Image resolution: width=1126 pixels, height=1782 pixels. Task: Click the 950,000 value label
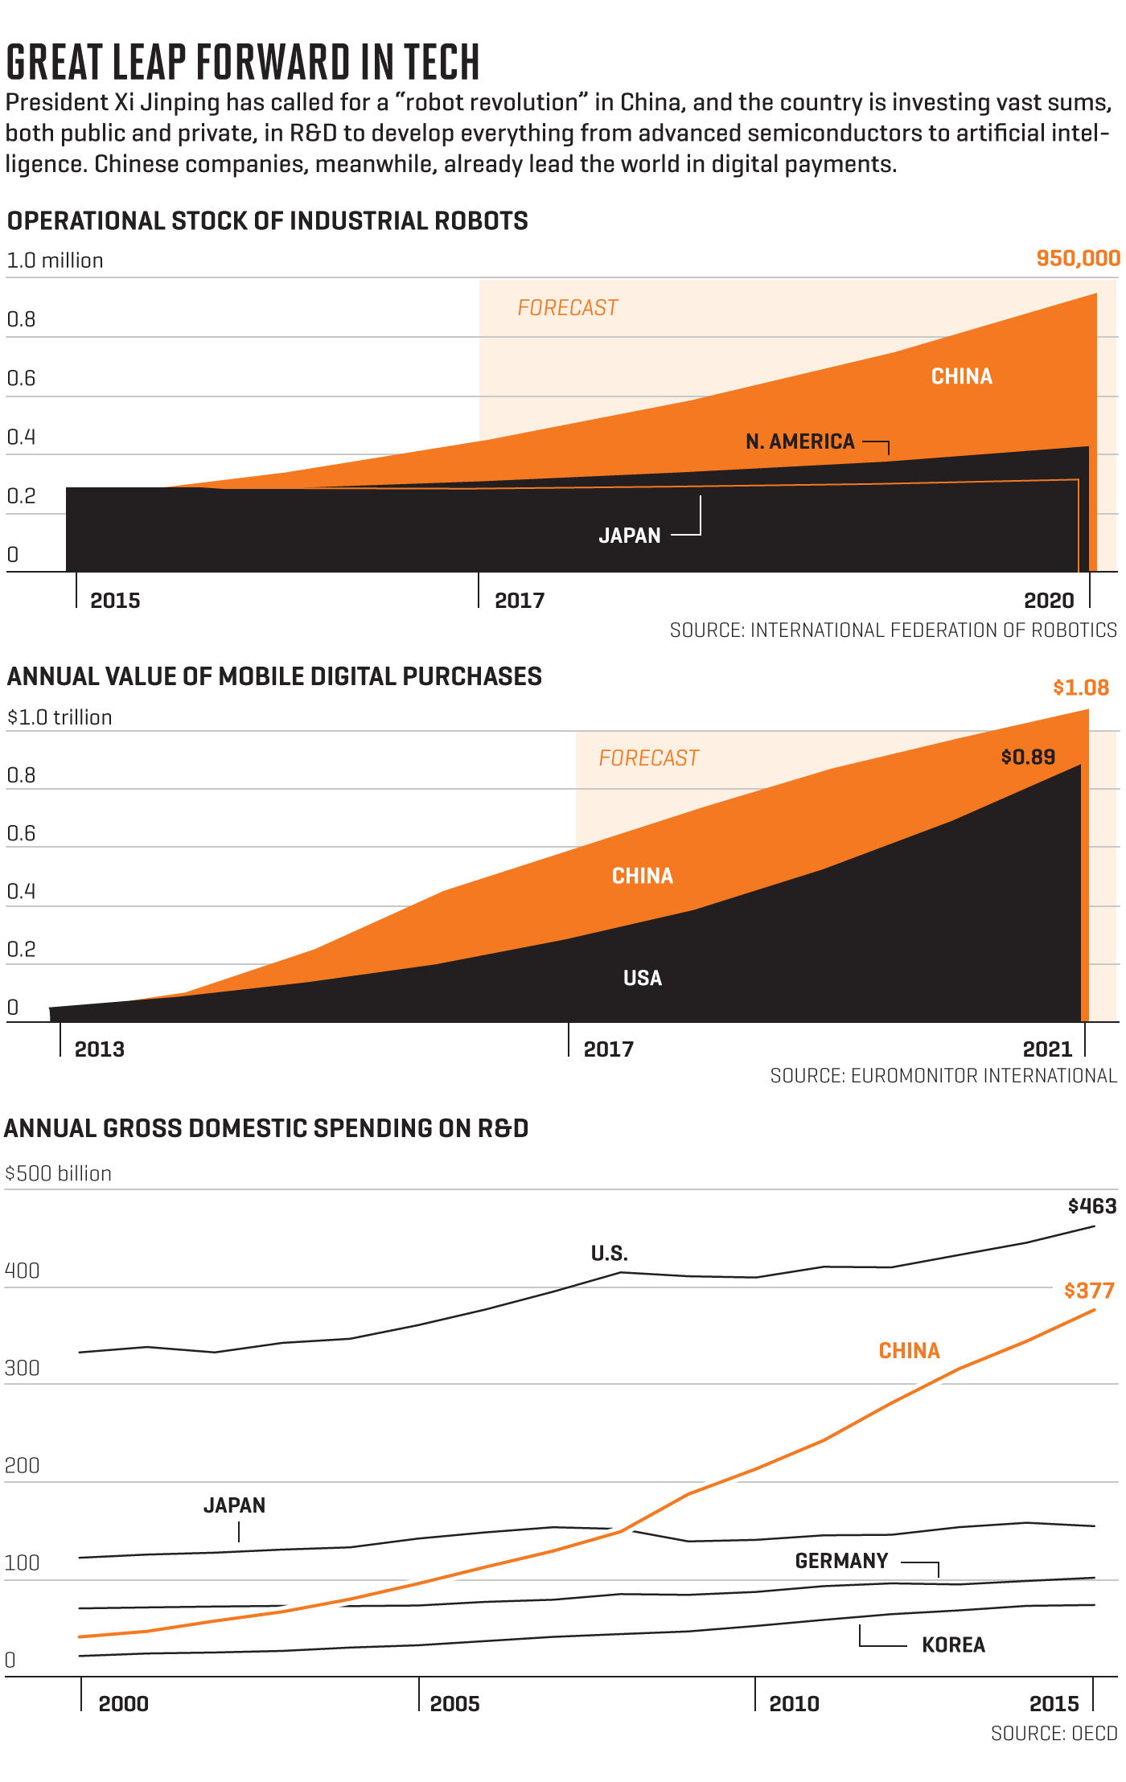[x=1078, y=258]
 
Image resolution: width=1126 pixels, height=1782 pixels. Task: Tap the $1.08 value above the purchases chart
[x=1081, y=688]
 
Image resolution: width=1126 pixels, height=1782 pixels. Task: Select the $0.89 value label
[x=1028, y=757]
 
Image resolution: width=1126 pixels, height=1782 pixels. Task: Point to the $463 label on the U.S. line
[x=1092, y=1206]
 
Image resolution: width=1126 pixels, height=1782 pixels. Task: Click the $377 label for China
[x=1089, y=1291]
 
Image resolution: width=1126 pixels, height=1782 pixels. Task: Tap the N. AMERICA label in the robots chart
[x=799, y=441]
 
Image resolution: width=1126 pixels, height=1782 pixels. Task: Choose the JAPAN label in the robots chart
[x=630, y=536]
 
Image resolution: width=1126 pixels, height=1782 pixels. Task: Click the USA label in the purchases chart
[x=643, y=978]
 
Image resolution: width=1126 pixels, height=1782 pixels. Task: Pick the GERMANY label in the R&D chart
[x=841, y=1561]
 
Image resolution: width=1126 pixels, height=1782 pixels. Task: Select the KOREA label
[x=953, y=1645]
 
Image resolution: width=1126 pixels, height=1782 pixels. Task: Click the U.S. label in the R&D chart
[x=610, y=1254]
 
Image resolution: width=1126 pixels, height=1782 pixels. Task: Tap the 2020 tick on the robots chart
[x=1049, y=601]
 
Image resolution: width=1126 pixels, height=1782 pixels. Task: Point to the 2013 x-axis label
[x=100, y=1049]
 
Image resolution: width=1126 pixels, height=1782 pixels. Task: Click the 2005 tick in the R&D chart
[x=454, y=1704]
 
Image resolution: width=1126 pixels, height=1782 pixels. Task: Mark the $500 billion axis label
[x=59, y=1174]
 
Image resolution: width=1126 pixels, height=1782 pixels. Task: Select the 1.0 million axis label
[x=55, y=261]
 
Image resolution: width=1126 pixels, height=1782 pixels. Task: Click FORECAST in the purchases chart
[x=649, y=758]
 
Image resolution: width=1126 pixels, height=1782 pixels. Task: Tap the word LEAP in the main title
[x=149, y=63]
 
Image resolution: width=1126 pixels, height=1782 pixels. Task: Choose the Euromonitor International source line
[x=943, y=1076]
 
